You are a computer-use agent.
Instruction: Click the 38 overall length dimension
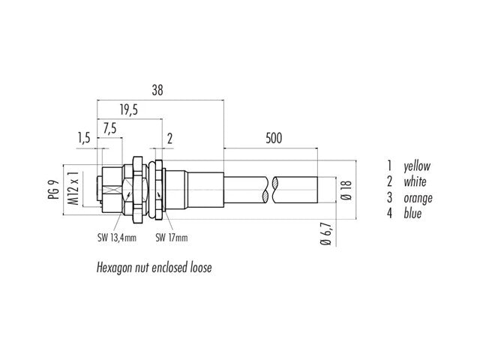[x=157, y=90]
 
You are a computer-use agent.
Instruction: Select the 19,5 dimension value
[x=129, y=110]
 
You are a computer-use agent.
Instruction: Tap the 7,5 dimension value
[x=110, y=129]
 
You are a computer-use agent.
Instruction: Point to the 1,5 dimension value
[x=83, y=138]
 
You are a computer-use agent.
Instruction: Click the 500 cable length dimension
[x=274, y=138]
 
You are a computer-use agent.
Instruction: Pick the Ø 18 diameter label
[x=346, y=190]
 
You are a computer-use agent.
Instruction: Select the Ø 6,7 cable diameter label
[x=325, y=233]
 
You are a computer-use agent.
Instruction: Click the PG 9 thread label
[x=53, y=190]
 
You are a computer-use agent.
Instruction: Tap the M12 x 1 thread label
[x=73, y=188]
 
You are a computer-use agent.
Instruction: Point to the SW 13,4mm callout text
[x=117, y=238]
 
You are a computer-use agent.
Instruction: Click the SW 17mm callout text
[x=172, y=238]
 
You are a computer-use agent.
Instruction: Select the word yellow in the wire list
[x=417, y=166]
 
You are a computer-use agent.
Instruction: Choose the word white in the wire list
[x=415, y=181]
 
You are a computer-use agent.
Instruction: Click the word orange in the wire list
[x=418, y=199]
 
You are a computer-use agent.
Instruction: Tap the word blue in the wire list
[x=412, y=213]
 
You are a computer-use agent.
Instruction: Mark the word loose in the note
[x=201, y=268]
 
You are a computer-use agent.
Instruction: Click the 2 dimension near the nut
[x=169, y=139]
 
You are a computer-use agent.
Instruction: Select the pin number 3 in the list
[x=389, y=198]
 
